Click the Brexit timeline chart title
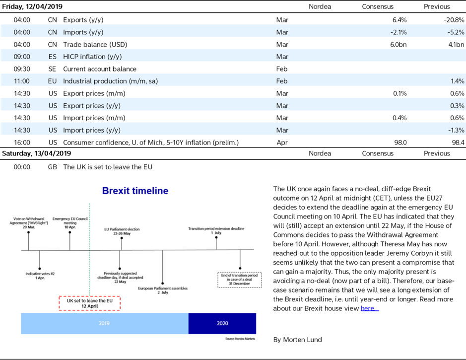(135, 191)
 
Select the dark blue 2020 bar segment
(222, 323)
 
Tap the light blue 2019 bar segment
(105, 323)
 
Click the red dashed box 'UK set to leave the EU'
(90, 303)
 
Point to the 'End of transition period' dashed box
(240, 280)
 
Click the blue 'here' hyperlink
(369, 308)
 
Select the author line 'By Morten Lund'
(297, 340)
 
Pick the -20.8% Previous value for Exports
(454, 20)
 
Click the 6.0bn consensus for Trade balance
(398, 45)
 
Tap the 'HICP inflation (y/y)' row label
(92, 57)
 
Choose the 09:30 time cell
(22, 69)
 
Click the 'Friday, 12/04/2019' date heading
(32, 6)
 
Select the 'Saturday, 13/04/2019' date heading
(37, 153)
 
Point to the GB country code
(52, 167)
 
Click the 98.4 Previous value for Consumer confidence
(458, 143)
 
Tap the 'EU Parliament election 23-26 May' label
(122, 231)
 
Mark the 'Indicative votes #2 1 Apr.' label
(40, 276)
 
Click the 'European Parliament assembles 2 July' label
(163, 290)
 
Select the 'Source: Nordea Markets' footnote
(240, 339)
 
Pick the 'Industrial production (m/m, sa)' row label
(111, 81)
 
